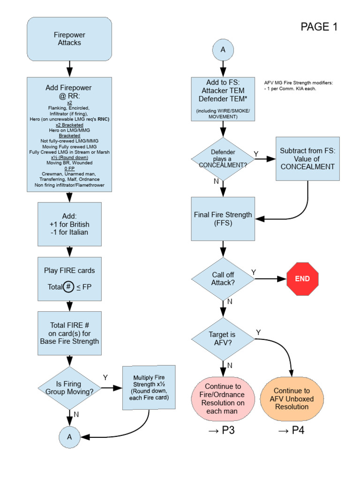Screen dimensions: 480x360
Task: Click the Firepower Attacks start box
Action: coord(69,39)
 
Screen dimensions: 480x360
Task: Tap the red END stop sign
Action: coord(302,278)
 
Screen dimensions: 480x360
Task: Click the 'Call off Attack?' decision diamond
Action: coord(223,279)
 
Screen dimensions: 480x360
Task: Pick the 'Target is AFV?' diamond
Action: coord(223,338)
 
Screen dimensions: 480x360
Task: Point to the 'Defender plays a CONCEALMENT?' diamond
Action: coord(223,159)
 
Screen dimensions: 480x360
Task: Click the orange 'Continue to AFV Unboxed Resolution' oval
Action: coord(292,398)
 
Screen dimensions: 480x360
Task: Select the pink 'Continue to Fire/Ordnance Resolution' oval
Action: coord(223,398)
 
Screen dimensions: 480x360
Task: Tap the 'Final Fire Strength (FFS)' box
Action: coord(223,219)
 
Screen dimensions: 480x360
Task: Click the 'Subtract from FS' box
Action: coord(307,159)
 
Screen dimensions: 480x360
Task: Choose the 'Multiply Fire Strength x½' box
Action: coord(149,387)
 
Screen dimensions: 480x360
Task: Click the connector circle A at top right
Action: coord(223,50)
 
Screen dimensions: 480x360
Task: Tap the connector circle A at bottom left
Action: coord(69,437)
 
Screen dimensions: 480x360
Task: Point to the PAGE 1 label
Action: coord(319,27)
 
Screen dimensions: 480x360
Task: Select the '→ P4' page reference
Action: coord(292,431)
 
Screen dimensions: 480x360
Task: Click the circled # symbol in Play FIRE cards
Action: coord(68,287)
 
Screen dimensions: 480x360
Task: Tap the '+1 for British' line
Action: coord(69,224)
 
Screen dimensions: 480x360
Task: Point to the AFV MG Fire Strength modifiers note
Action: coord(299,85)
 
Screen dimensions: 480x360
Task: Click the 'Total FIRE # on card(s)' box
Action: coord(69,333)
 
